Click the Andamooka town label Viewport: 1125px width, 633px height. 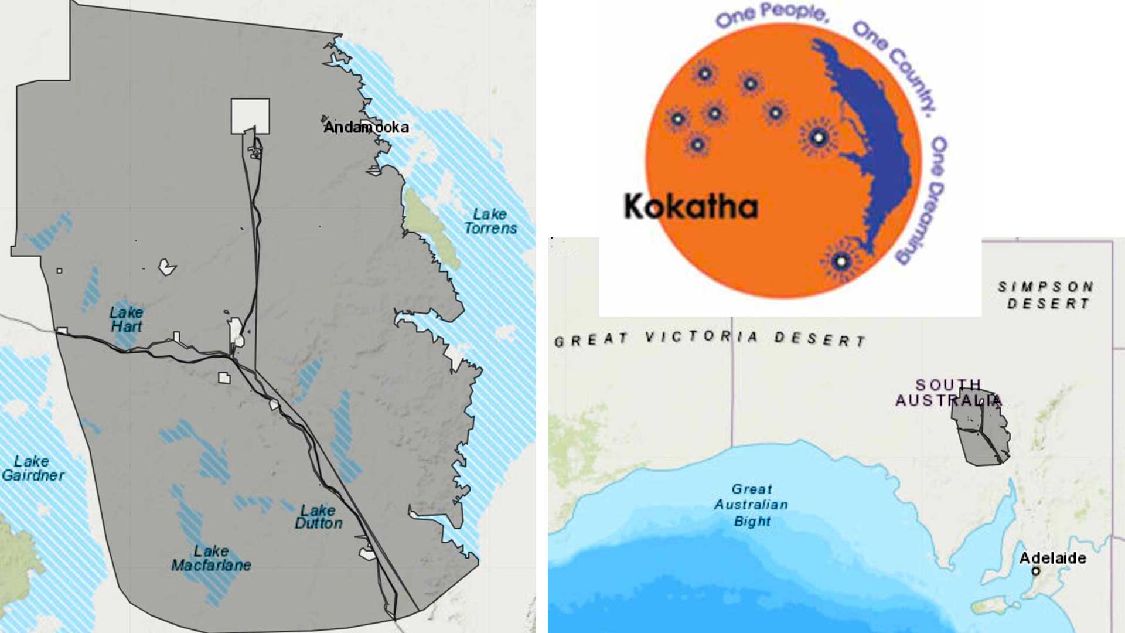366,127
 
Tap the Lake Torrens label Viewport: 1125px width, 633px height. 490,222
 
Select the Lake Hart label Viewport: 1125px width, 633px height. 126,319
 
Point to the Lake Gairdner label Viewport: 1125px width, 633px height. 33,468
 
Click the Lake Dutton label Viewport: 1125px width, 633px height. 318,517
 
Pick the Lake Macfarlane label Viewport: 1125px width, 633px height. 211,559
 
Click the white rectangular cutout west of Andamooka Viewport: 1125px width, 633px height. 250,115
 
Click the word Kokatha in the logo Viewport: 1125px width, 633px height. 691,207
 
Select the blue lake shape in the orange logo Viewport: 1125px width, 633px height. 873,135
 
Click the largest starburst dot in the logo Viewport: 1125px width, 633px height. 819,138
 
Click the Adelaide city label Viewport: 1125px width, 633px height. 1052,557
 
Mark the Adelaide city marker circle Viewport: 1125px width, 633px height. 1036,571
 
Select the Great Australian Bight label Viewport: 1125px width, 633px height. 751,505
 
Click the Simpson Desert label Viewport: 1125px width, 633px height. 1046,295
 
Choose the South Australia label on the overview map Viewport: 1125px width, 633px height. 947,392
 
